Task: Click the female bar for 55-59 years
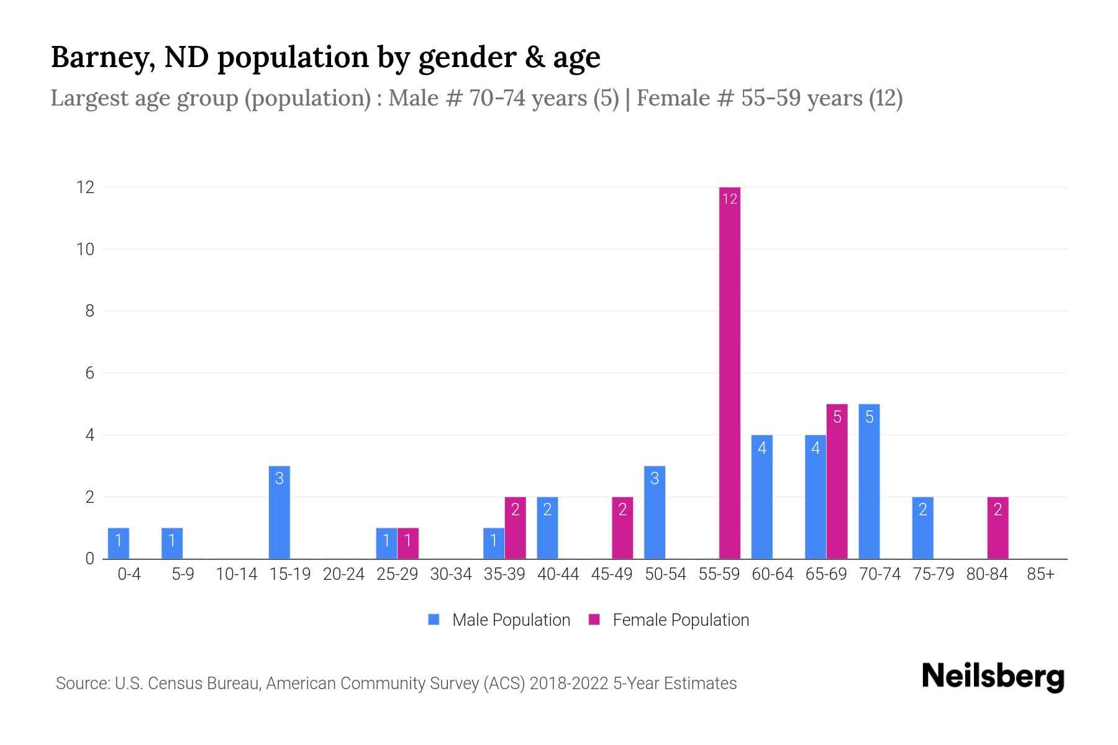pos(730,372)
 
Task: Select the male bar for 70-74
pos(869,481)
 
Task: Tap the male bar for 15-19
pos(279,512)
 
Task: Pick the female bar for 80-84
pos(998,528)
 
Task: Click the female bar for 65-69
pos(837,481)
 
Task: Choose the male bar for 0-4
pos(118,543)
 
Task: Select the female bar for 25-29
pos(407,543)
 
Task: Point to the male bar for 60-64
pos(761,497)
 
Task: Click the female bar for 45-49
pos(622,528)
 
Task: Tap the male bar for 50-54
pos(655,512)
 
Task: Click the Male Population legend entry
pos(499,620)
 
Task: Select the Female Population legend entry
pos(669,620)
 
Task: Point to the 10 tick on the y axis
pos(85,249)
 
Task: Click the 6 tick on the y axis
pos(89,372)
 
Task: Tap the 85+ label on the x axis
pos(1040,574)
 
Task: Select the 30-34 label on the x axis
pos(451,574)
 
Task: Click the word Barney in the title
pos(102,57)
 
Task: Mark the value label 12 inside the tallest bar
pos(730,199)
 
